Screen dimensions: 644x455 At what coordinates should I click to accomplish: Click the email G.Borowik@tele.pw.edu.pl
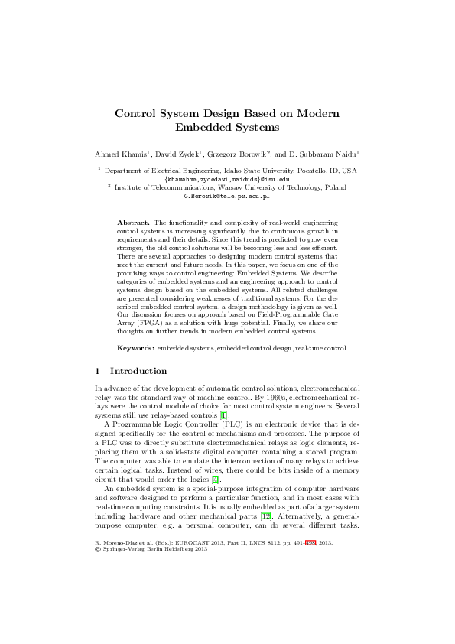(x=227, y=197)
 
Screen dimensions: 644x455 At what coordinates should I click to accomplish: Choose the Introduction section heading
(x=138, y=371)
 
